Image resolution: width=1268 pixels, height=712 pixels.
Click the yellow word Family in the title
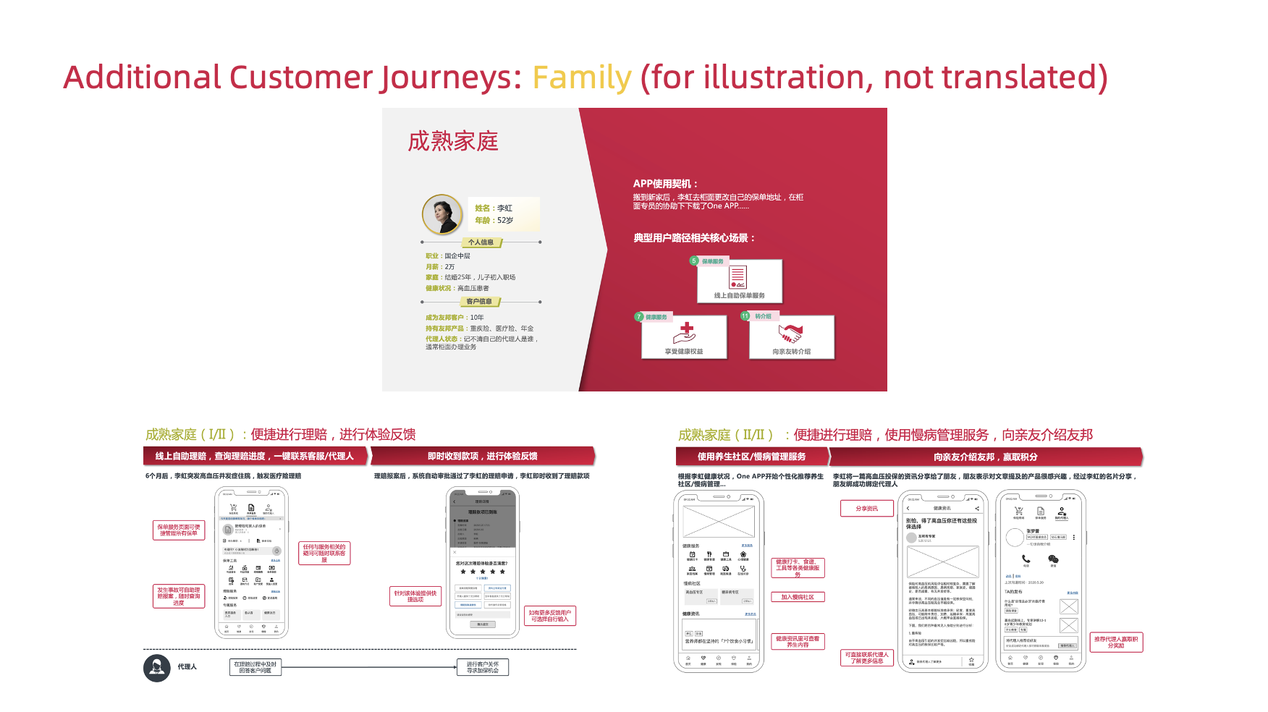coord(582,78)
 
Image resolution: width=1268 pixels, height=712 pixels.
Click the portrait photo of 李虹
coord(441,214)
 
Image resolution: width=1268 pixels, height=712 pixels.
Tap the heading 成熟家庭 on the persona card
coord(453,141)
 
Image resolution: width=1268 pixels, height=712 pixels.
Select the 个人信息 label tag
coord(481,242)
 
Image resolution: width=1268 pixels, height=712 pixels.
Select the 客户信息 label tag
coord(479,302)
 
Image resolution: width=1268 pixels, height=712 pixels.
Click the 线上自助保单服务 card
coord(739,281)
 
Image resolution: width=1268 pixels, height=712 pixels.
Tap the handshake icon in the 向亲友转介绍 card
coord(790,334)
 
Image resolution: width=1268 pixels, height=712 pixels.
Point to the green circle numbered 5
coord(693,261)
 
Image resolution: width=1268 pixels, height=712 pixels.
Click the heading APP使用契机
coord(665,184)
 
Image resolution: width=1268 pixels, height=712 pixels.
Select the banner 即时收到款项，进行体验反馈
coord(482,457)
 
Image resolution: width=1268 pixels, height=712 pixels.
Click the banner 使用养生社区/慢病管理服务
coord(751,457)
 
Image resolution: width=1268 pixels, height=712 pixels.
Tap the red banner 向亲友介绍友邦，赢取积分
coord(985,457)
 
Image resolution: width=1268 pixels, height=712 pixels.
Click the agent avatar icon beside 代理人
coord(157,667)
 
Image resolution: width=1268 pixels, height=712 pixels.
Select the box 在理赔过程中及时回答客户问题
coord(255,667)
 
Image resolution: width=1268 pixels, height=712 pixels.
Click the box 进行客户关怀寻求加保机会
coord(483,667)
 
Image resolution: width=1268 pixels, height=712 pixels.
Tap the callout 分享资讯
coord(866,509)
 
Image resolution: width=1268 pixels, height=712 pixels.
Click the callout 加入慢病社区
coord(798,597)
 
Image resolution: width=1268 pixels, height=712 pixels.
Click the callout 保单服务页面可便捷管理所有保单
coord(179,530)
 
